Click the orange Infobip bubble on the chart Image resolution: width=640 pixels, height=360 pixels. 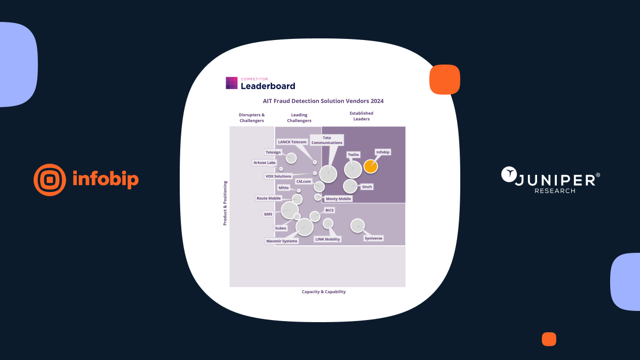[371, 166]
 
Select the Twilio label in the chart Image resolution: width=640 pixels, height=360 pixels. [353, 155]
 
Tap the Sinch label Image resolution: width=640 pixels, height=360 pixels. [367, 187]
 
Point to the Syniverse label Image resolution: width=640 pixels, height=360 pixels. [373, 238]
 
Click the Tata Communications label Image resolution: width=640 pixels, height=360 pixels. [327, 140]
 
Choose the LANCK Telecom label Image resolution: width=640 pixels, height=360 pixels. [292, 142]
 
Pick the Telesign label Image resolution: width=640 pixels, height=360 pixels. [273, 153]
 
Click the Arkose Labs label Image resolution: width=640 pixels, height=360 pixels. [265, 163]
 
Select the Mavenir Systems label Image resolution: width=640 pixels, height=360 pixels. [282, 241]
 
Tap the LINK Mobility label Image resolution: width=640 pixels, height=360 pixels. [327, 239]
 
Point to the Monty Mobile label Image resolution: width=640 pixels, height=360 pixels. [339, 199]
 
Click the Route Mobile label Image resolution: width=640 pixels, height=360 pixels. [269, 198]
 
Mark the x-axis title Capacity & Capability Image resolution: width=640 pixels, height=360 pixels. [324, 292]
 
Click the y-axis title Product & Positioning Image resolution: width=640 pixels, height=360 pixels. [225, 203]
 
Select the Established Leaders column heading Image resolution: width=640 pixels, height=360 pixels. [361, 116]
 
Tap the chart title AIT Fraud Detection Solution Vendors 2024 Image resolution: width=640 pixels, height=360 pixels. [323, 101]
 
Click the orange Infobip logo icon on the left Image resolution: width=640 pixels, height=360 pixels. [50, 180]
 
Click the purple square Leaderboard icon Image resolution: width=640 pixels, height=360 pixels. [231, 83]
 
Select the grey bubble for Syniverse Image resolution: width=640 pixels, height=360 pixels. [357, 226]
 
